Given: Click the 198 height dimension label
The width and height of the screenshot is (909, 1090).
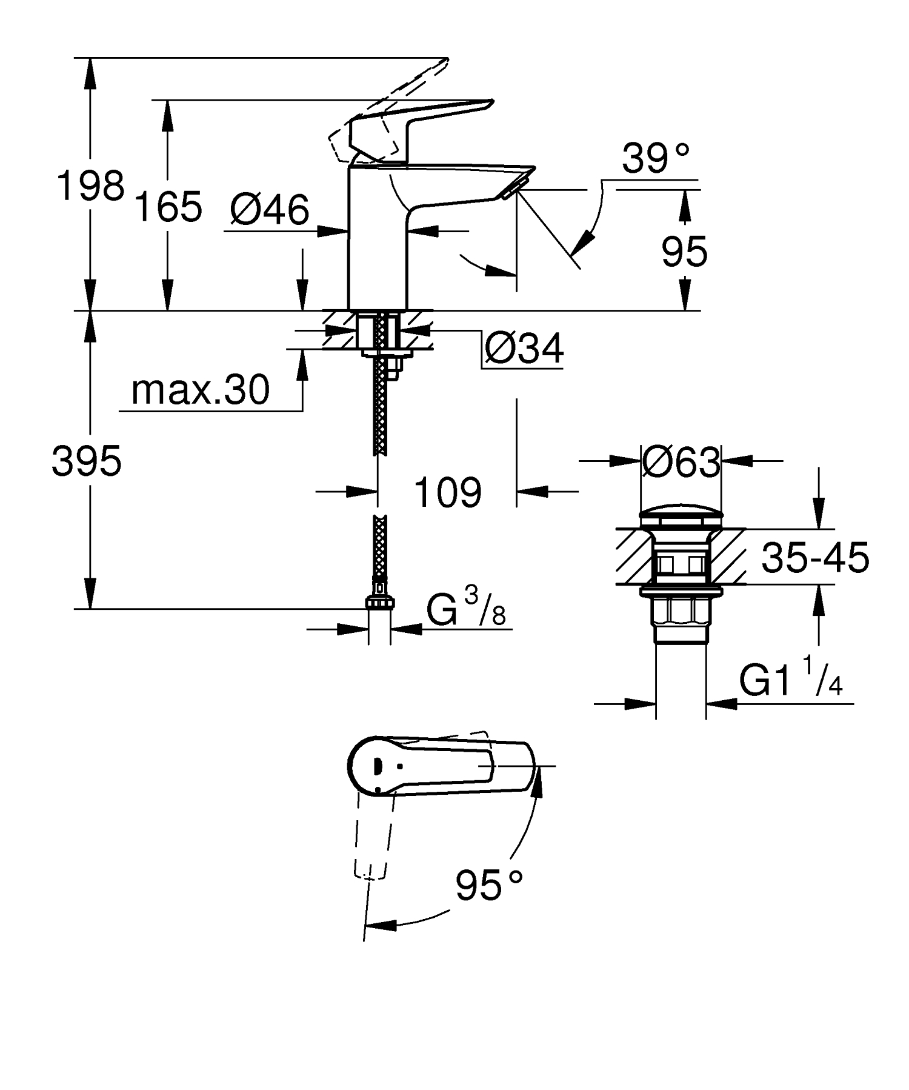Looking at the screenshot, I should (x=90, y=186).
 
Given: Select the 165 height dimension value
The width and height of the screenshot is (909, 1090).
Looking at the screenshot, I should (x=168, y=206).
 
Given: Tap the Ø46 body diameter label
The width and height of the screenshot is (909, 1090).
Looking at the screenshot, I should (x=270, y=210).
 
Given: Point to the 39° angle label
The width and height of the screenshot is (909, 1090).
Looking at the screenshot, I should (x=656, y=159).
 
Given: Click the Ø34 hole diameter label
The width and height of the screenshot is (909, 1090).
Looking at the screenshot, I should (x=524, y=348).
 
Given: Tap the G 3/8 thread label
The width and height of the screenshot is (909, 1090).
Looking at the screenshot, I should (x=465, y=609).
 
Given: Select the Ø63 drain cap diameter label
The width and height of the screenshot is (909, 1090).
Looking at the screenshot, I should (x=681, y=463).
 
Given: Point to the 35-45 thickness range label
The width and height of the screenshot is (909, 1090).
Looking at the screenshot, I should (x=815, y=557).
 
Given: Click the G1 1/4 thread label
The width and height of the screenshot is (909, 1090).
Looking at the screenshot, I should (x=790, y=683).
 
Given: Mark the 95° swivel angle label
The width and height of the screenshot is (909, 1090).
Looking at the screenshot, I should (x=488, y=886).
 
